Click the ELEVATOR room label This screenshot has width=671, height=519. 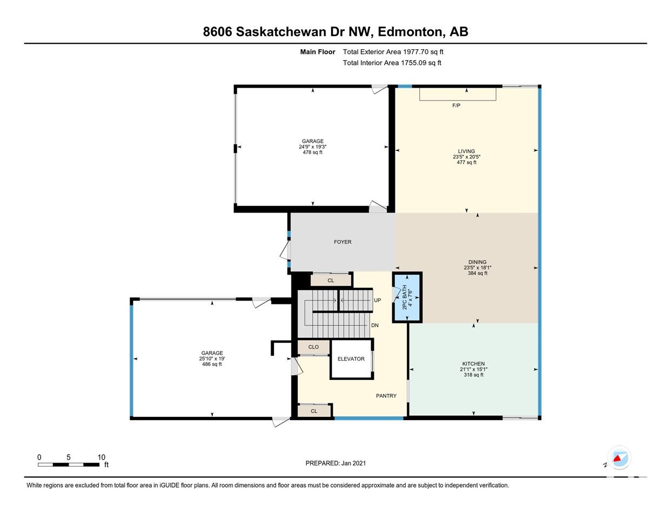click(351, 359)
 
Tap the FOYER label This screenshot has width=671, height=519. click(343, 242)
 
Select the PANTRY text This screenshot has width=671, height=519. click(386, 396)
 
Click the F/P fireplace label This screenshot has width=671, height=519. click(456, 105)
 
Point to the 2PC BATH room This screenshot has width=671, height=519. click(407, 297)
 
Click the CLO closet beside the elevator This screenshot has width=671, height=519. click(313, 347)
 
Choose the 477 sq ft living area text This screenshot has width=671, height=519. click(466, 163)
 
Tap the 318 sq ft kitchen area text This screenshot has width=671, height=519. click(473, 375)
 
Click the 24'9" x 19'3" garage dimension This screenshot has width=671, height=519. click(312, 147)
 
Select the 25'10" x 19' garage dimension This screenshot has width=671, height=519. click(212, 358)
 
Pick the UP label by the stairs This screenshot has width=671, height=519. click(377, 300)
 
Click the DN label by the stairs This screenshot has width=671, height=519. click(374, 325)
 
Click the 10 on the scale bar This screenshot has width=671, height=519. click(101, 457)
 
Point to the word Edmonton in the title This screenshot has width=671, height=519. click(411, 32)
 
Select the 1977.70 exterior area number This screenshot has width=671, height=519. click(415, 52)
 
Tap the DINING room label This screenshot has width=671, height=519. click(477, 262)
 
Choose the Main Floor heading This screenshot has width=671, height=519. click(318, 52)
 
